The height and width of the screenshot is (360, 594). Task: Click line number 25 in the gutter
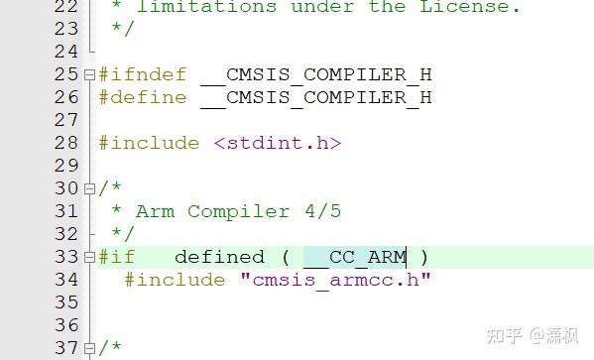pos(66,74)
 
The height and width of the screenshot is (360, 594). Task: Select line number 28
pos(66,143)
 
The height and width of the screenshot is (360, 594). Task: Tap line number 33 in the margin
pos(66,257)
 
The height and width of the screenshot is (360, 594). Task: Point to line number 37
pos(66,348)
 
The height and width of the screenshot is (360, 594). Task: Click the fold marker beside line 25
pos(89,74)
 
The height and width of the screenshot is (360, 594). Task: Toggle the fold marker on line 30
pos(89,188)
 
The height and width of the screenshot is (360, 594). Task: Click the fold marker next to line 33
pos(89,257)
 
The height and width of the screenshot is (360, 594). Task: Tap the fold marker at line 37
pos(89,348)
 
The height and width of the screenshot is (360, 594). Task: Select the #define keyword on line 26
pos(142,97)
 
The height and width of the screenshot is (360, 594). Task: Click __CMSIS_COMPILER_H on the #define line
pos(316,97)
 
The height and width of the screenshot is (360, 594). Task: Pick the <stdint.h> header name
pos(278,143)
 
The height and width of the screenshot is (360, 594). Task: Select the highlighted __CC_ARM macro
pos(355,257)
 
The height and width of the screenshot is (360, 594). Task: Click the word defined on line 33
pos(219,257)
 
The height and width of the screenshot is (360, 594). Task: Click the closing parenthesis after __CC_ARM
pos(424,257)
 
